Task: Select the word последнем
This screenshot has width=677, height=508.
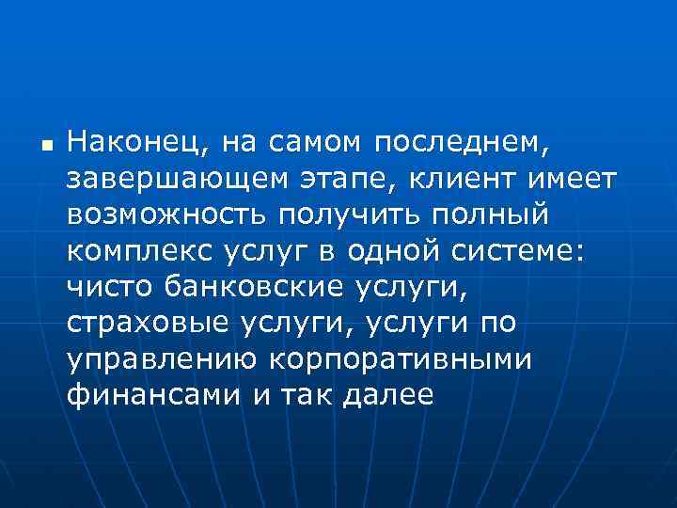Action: tap(459, 143)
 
